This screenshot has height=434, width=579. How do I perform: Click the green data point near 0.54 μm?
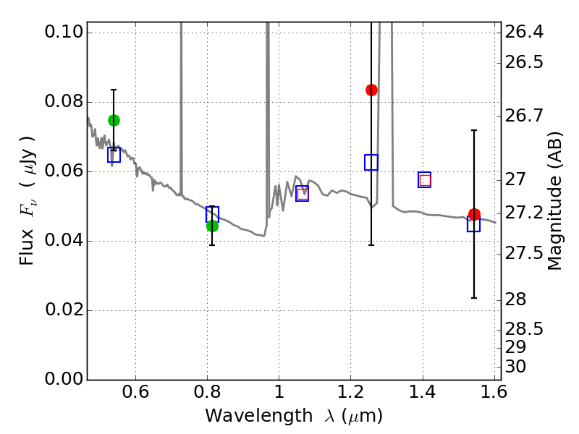(114, 120)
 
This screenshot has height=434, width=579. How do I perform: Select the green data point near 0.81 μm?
(212, 226)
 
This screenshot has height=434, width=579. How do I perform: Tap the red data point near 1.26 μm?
(371, 90)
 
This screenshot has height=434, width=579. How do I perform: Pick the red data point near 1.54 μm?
(474, 215)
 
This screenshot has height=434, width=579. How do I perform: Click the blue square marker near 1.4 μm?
(425, 180)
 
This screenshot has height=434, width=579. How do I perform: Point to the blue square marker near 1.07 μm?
(303, 193)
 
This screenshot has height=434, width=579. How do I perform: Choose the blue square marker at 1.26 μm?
(371, 162)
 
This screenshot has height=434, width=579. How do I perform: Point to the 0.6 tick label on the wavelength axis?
(136, 396)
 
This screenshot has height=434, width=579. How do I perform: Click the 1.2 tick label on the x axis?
(350, 396)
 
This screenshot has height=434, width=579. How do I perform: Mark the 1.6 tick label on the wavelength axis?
(494, 396)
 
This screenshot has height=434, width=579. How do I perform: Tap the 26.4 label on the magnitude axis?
(524, 33)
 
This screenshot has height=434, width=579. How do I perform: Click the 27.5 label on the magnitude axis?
(524, 253)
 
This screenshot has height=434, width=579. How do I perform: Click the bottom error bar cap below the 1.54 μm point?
(474, 297)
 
